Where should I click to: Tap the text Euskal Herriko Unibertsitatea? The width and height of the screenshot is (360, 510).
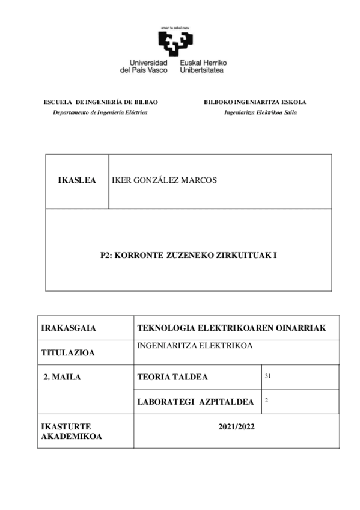point(203,66)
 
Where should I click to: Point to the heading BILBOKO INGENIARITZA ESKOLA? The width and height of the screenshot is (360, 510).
point(255,102)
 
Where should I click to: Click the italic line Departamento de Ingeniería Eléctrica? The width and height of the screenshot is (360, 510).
point(100,113)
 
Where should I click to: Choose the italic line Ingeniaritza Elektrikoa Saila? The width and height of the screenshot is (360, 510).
point(260,113)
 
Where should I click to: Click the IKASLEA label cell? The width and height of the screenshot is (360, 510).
point(77,180)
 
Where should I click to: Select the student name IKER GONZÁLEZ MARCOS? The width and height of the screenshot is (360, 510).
point(164,180)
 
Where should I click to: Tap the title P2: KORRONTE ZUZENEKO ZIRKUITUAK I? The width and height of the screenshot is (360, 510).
point(188,255)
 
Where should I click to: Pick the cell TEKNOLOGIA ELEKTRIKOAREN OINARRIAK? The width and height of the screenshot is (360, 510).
point(231,328)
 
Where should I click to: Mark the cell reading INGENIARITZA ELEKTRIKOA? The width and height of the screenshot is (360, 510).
point(194,346)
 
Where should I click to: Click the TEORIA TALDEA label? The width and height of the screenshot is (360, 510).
point(172,377)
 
